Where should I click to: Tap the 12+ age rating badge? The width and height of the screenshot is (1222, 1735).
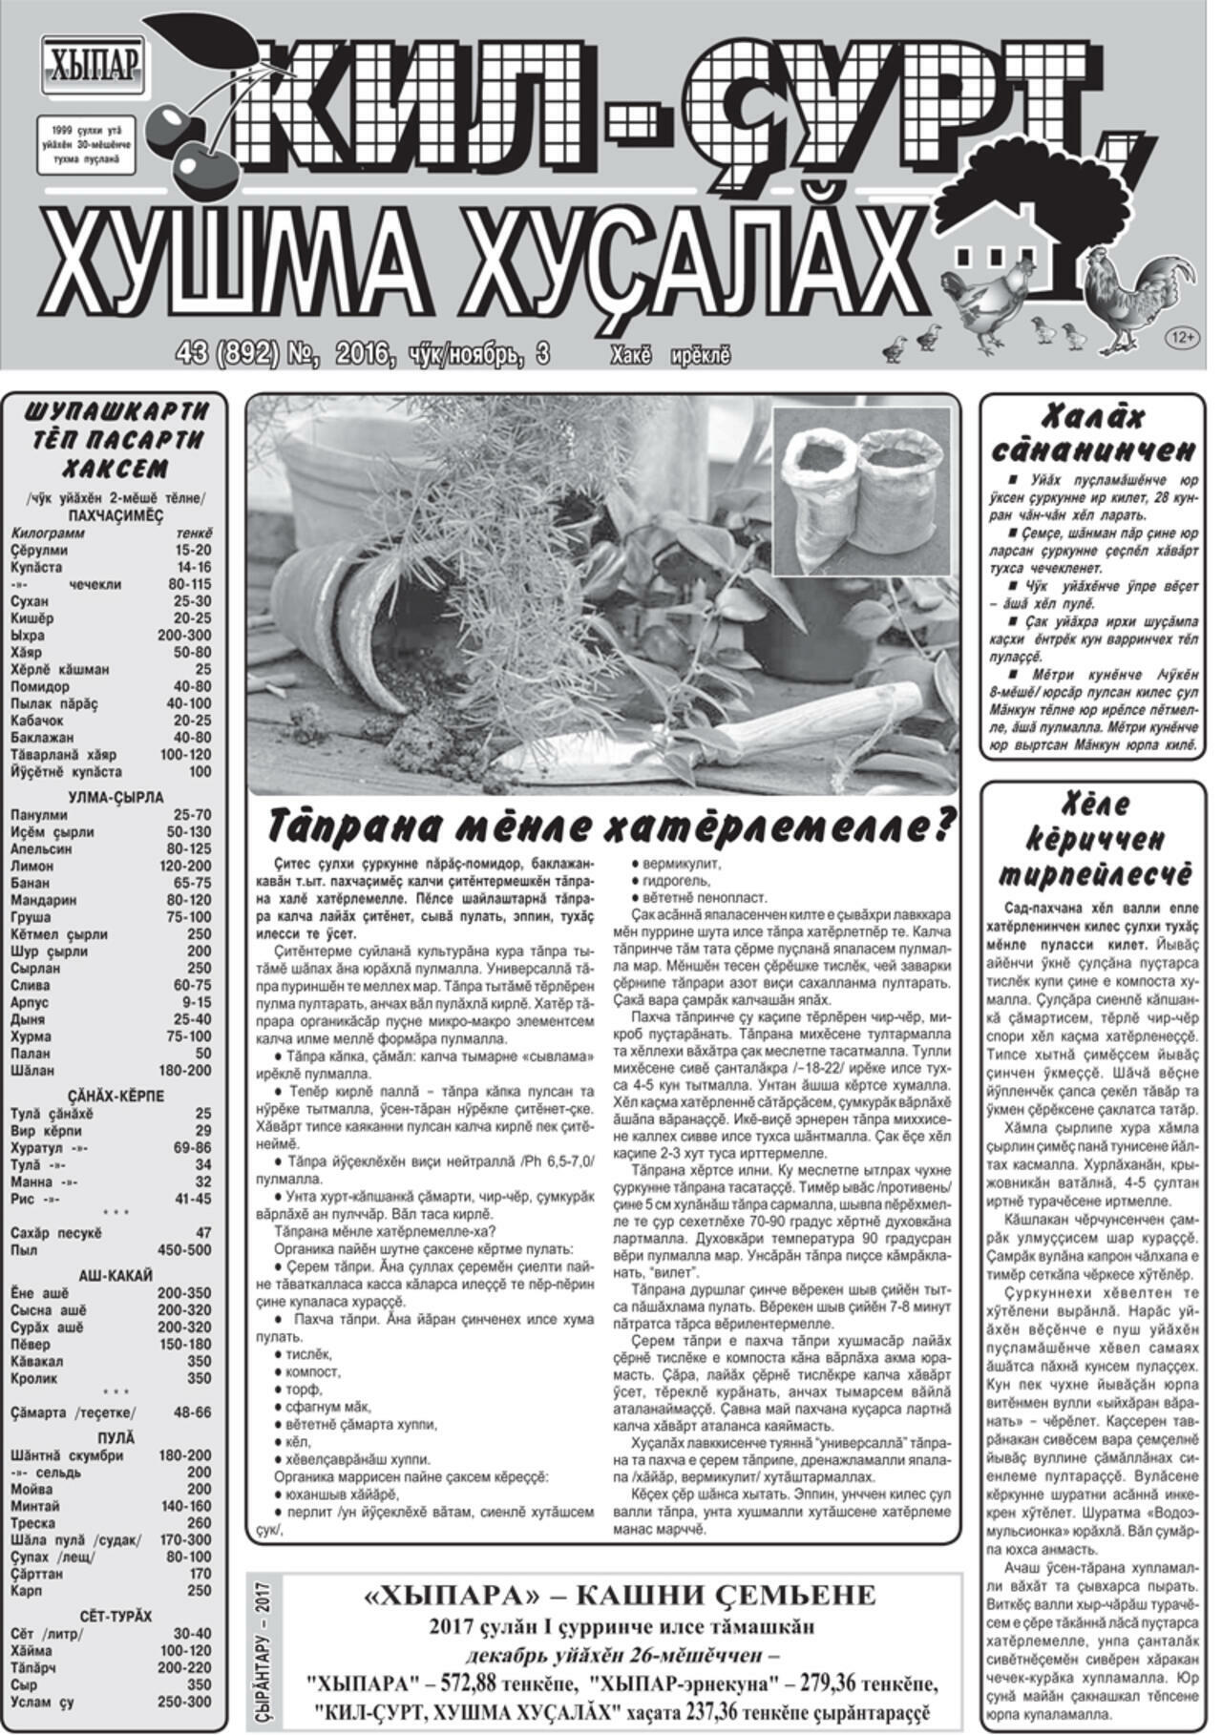(x=1182, y=337)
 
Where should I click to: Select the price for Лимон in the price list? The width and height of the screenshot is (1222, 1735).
(x=187, y=867)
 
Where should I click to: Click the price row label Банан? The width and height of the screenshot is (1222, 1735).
(x=31, y=884)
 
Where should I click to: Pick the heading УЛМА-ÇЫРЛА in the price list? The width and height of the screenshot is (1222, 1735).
(x=116, y=798)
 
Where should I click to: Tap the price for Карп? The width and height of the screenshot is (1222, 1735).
(x=199, y=1591)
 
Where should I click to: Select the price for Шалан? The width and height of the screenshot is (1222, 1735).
(x=186, y=1071)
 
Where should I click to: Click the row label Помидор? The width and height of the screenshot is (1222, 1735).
(x=39, y=686)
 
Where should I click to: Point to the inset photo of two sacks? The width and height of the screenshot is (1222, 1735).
(x=860, y=491)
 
